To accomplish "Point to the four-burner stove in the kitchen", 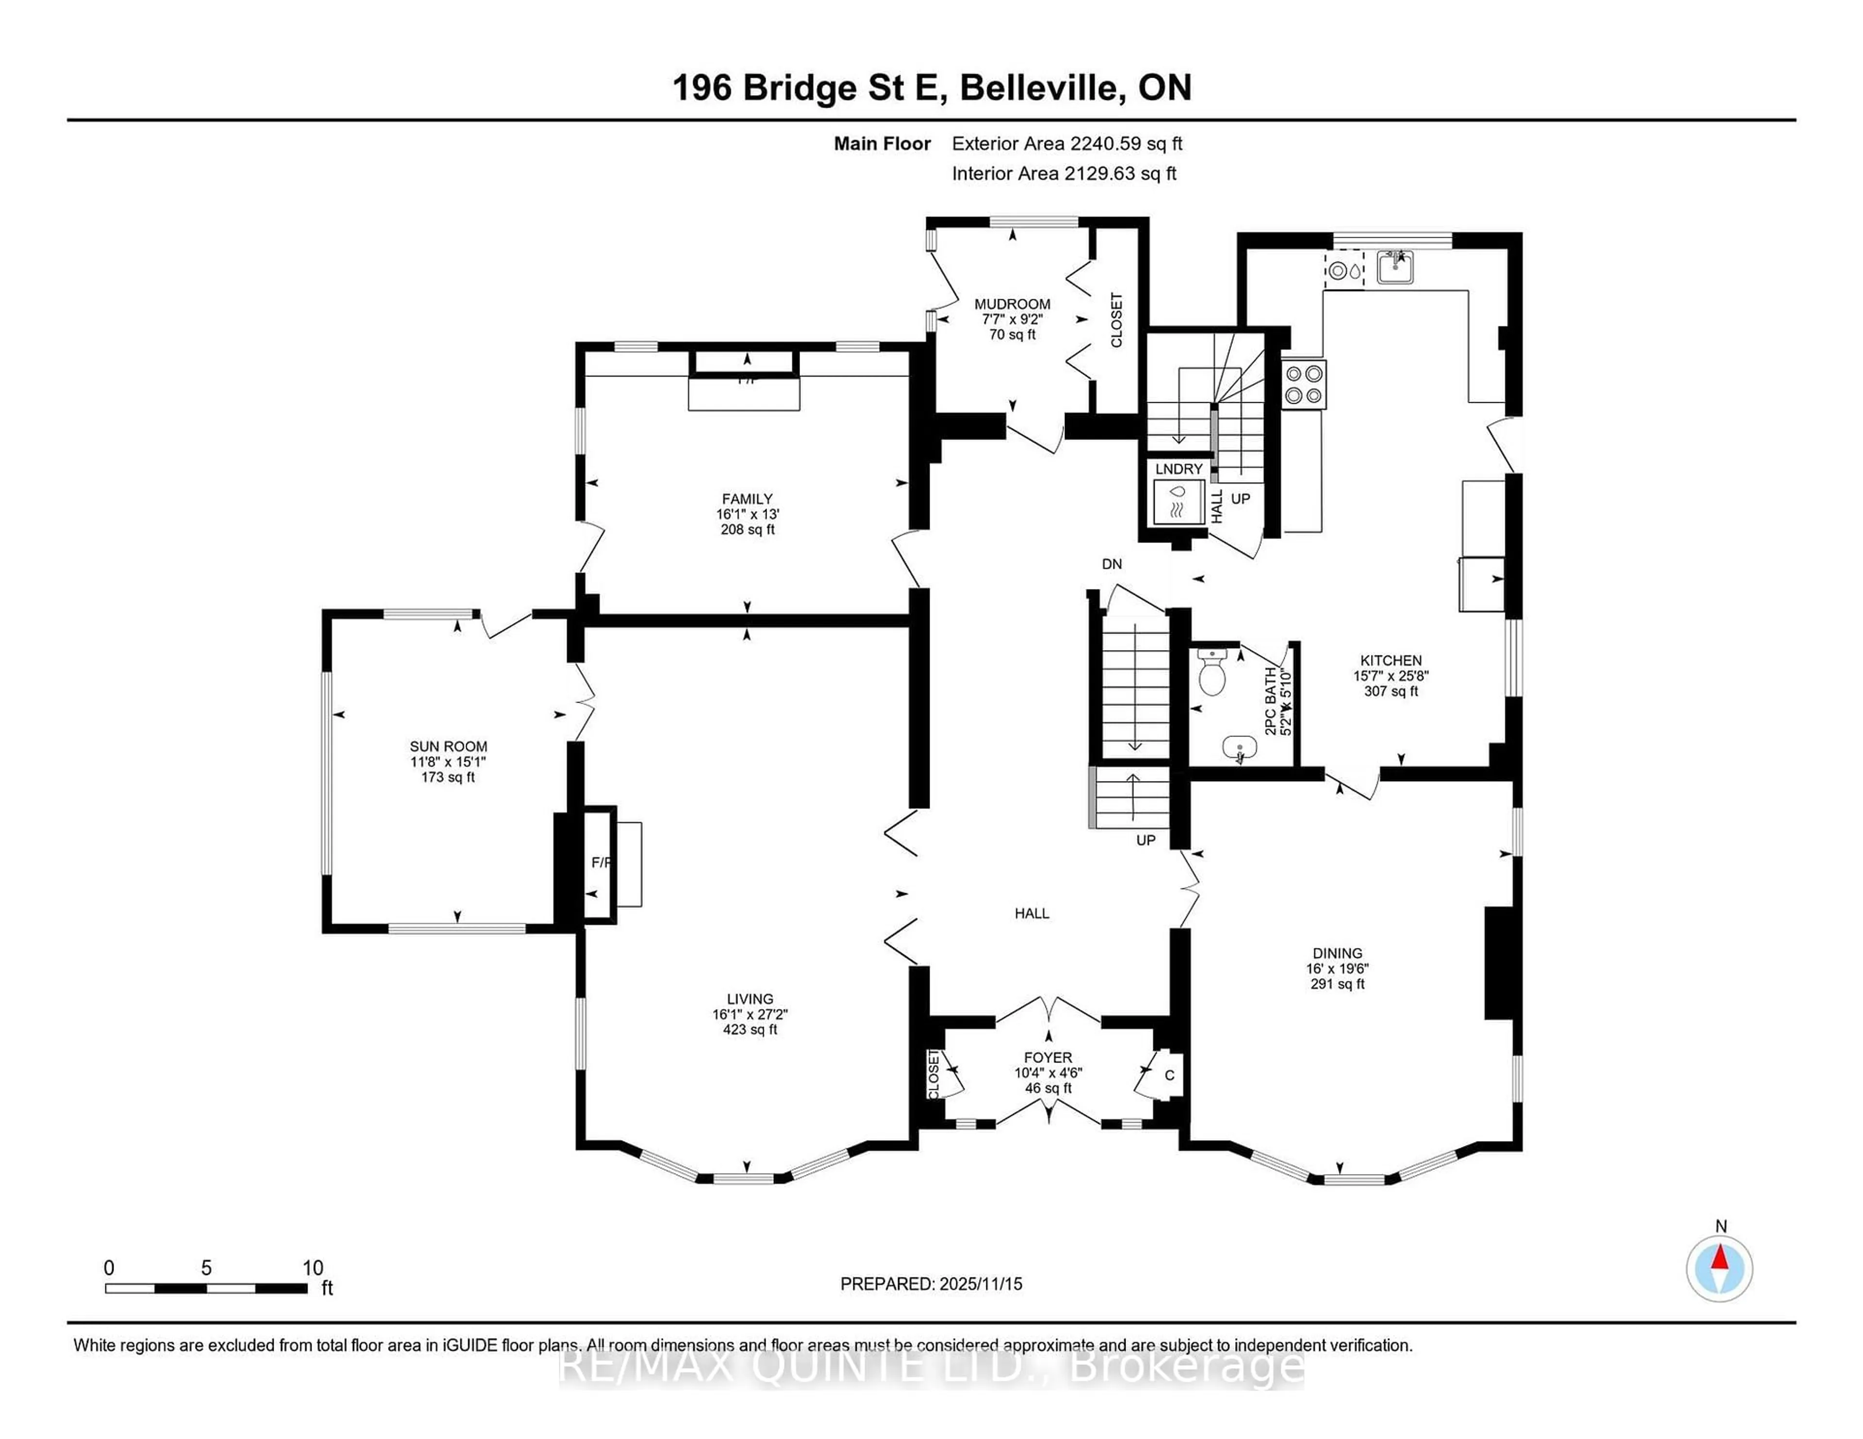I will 1304,385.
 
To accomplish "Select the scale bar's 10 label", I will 312,1268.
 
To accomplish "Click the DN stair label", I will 1111,564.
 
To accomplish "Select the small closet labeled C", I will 1170,1076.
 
